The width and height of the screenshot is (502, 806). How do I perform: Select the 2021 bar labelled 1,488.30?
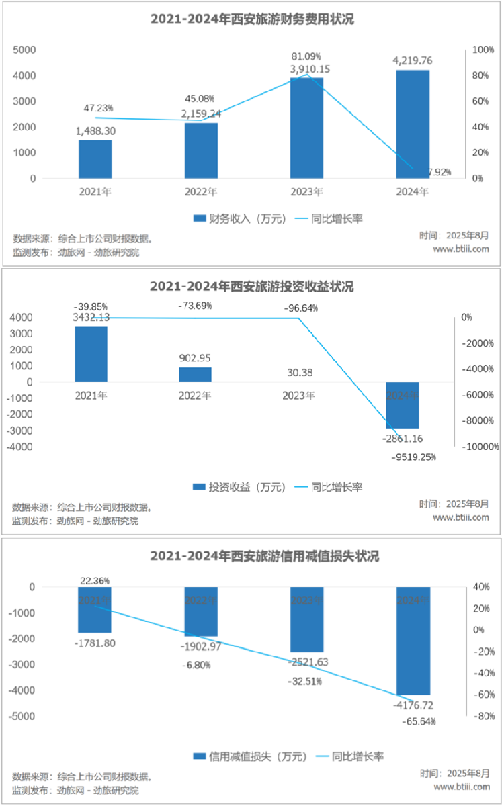coord(95,159)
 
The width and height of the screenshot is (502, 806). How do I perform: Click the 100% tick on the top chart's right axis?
coord(483,50)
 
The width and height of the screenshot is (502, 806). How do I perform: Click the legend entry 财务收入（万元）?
coord(240,218)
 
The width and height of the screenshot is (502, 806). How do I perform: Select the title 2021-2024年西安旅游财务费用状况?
coord(251,20)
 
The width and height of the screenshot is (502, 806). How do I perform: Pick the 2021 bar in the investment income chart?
coord(91,354)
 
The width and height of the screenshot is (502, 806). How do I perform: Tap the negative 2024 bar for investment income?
coord(403,405)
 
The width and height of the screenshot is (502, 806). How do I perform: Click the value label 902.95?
coord(195,357)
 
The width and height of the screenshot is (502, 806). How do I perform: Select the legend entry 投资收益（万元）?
coord(240,487)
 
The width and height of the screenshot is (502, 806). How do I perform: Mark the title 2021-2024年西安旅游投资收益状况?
coord(251,287)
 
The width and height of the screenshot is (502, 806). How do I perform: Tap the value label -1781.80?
coord(95,643)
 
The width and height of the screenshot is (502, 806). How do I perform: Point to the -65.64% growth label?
coord(419,721)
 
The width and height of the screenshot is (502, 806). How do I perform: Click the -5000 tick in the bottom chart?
coord(24,717)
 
